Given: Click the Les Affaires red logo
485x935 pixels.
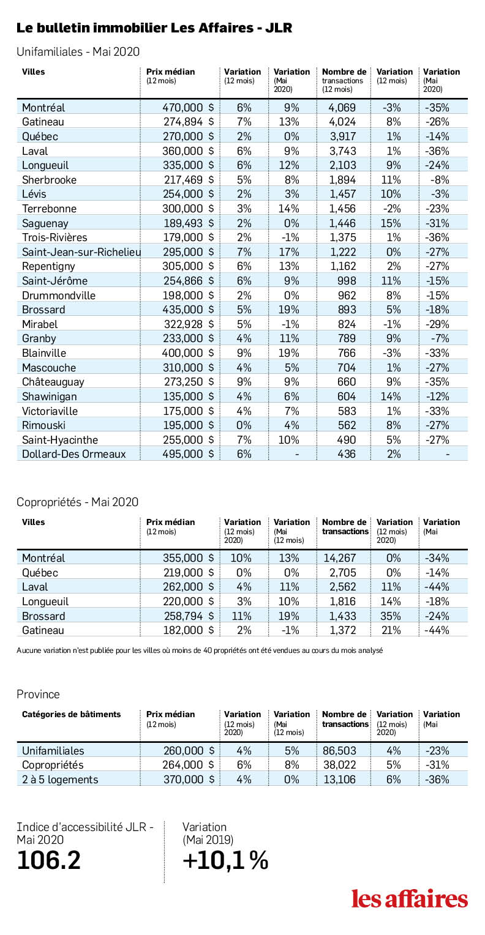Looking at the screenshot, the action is pyautogui.click(x=410, y=899).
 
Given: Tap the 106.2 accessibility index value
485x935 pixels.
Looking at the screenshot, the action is pyautogui.click(x=48, y=860).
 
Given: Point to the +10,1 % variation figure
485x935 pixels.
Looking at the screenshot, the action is pyautogui.click(x=225, y=860).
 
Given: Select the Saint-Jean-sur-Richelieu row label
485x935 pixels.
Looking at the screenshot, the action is pyautogui.click(x=81, y=252).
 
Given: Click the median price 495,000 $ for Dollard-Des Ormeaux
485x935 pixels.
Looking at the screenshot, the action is pyautogui.click(x=188, y=454).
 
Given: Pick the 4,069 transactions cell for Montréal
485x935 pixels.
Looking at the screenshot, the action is pyautogui.click(x=342, y=108).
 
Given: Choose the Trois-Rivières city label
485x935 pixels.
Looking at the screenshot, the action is pyautogui.click(x=55, y=237).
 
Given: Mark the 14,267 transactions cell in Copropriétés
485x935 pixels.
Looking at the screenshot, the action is pyautogui.click(x=340, y=558).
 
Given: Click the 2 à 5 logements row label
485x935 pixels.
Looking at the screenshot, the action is pyautogui.click(x=60, y=780).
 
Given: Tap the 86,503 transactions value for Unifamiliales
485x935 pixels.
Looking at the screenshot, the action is pyautogui.click(x=340, y=751).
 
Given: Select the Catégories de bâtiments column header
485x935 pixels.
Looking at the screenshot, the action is pyautogui.click(x=72, y=714).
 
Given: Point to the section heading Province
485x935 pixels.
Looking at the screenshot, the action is pyautogui.click(x=38, y=694).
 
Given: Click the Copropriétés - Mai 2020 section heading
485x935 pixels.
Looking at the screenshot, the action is pyautogui.click(x=77, y=502).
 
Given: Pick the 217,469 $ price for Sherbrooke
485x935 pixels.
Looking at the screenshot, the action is pyautogui.click(x=189, y=180).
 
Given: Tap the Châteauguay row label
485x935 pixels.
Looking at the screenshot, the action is pyautogui.click(x=53, y=382).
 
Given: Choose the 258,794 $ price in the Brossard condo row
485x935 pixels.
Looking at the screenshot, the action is pyautogui.click(x=189, y=616).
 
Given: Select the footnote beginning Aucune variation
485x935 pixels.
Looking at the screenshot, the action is pyautogui.click(x=200, y=650).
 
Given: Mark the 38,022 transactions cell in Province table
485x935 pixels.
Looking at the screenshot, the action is pyautogui.click(x=340, y=765).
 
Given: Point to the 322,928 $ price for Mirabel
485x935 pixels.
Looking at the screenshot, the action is pyautogui.click(x=189, y=324).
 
